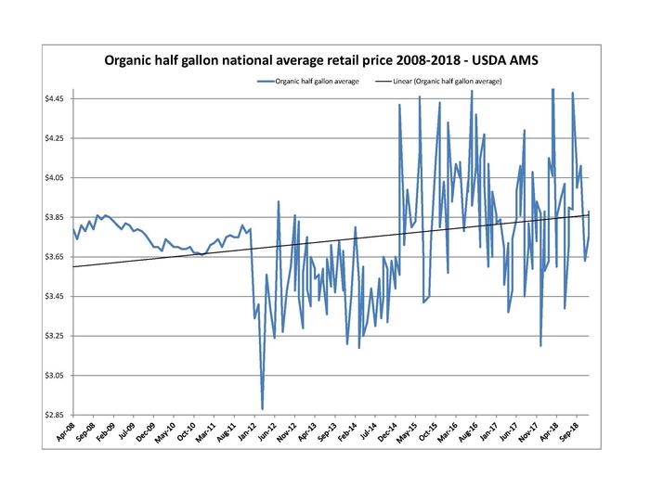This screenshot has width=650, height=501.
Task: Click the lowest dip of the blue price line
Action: (263, 408)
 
